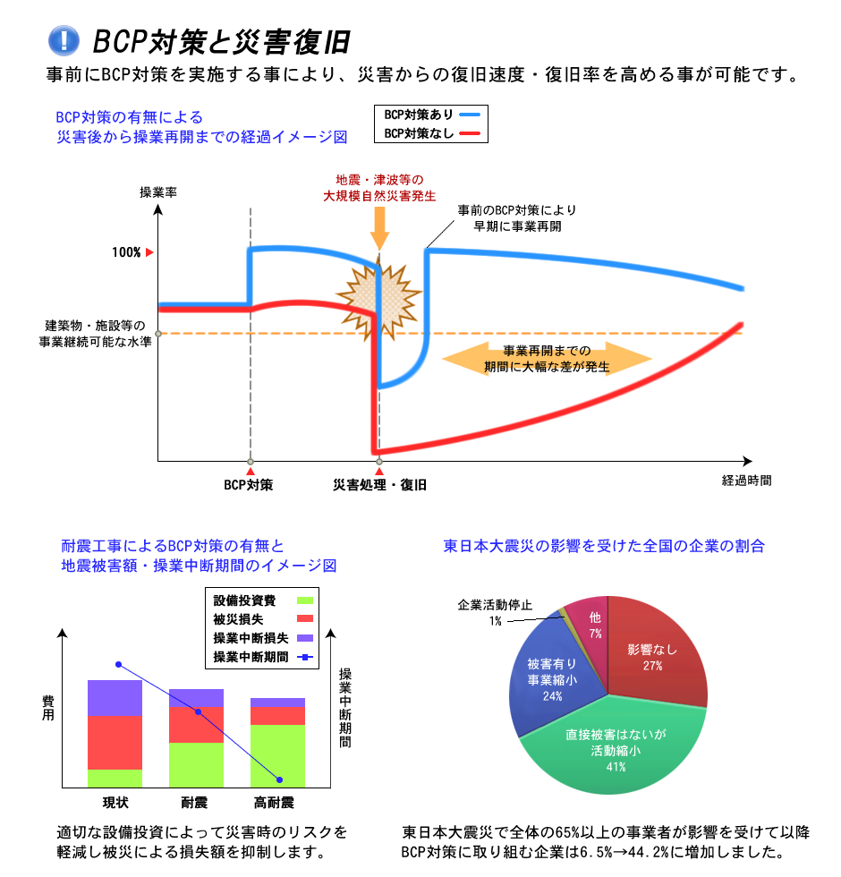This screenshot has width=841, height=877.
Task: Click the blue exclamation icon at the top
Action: tap(64, 40)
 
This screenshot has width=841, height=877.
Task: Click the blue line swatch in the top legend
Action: tap(471, 115)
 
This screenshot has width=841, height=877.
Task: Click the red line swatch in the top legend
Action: tap(471, 134)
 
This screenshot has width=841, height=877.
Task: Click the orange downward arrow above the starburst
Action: tap(379, 229)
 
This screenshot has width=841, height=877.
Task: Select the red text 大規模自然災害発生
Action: tap(379, 195)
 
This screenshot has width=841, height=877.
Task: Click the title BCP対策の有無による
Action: tap(130, 117)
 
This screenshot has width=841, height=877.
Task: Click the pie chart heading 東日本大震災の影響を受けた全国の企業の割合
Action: tap(604, 546)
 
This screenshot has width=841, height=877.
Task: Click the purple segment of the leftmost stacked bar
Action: tap(115, 698)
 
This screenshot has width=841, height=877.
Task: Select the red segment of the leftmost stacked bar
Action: tap(115, 742)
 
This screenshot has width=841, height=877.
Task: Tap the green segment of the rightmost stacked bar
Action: tap(277, 755)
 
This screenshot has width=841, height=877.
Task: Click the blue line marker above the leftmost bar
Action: tap(118, 665)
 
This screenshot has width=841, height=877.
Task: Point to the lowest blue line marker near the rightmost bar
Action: tap(280, 780)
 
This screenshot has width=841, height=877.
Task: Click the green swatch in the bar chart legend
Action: tap(305, 600)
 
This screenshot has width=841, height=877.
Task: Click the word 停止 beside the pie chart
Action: tap(520, 605)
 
